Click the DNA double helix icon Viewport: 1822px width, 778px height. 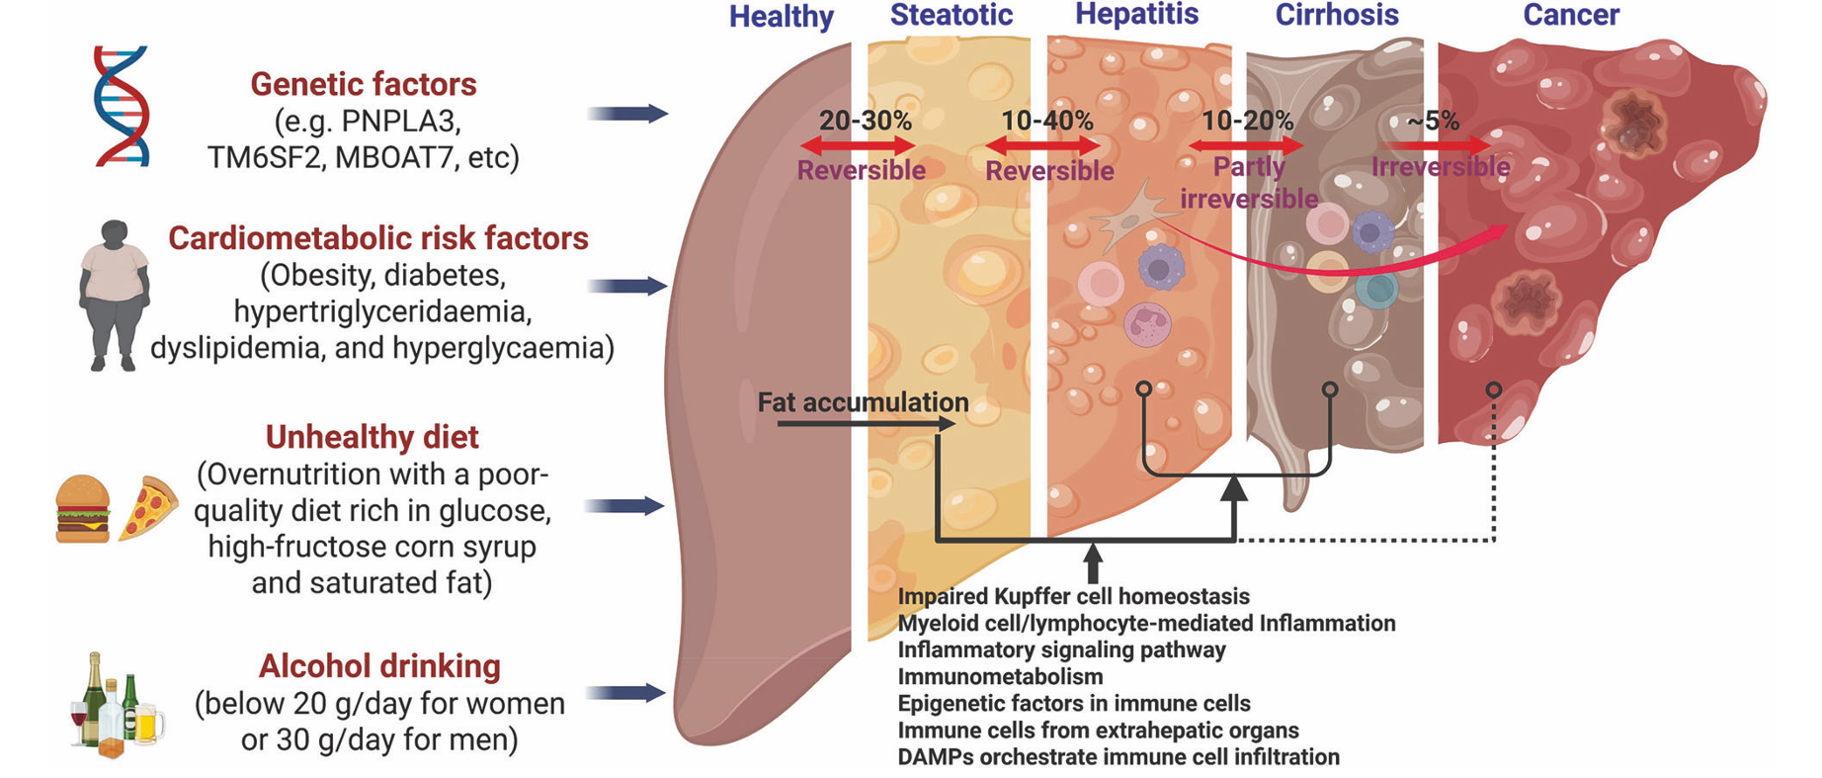tap(121, 105)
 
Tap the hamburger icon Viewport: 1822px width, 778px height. tap(83, 508)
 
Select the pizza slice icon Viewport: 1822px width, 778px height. tap(147, 508)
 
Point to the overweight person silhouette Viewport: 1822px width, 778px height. tap(115, 295)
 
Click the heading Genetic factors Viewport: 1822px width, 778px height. tap(363, 84)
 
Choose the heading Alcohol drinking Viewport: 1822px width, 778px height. tap(379, 665)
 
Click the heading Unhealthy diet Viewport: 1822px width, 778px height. tap(372, 436)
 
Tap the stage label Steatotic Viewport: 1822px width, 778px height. tap(951, 15)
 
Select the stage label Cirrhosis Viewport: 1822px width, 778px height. tap(1336, 15)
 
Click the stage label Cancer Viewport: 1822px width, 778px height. tap(1570, 15)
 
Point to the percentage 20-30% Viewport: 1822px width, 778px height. tap(865, 121)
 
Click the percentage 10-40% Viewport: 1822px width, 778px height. tap(1046, 121)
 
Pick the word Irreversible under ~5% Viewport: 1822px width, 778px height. tap(1440, 166)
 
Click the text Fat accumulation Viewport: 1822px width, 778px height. tap(863, 402)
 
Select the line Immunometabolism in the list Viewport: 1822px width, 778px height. tap(1000, 676)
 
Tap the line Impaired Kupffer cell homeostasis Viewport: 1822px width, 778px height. tap(1073, 596)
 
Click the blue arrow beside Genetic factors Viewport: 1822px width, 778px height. tap(627, 114)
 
